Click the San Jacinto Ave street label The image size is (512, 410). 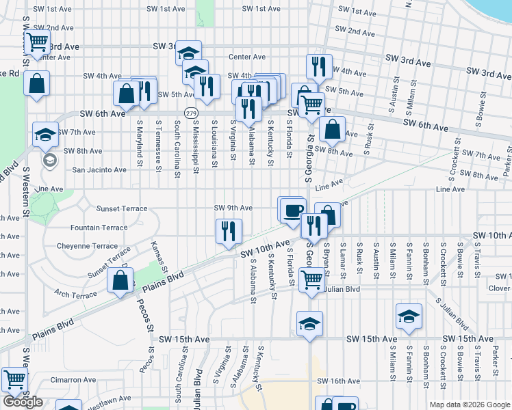99,169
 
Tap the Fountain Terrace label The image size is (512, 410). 99,228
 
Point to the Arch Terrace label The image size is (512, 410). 75,295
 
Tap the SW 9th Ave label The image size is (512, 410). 233,208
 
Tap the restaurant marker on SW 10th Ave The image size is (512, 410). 229,230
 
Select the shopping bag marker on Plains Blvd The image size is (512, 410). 120,279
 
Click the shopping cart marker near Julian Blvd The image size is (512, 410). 311,278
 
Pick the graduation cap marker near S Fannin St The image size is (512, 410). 409,316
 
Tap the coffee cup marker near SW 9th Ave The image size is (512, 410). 292,209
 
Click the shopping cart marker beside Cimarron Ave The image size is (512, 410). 14,379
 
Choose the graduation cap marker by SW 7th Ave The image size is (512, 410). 45,134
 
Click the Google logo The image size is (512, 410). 23,402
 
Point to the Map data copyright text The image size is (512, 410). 469,405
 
